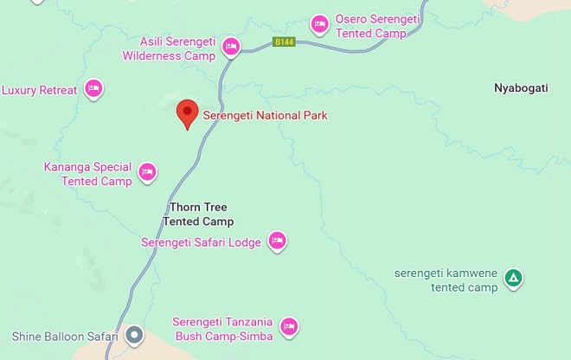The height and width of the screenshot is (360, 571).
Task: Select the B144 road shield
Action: [x=282, y=42]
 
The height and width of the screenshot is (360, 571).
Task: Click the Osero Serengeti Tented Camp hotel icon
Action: [x=319, y=22]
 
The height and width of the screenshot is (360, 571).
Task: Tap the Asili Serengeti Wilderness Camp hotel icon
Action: [x=230, y=47]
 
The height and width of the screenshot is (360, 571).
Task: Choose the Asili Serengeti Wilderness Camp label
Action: [x=177, y=48]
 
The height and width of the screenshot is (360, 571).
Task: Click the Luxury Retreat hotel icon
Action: [x=94, y=87]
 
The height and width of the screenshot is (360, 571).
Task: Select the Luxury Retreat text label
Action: [x=40, y=89]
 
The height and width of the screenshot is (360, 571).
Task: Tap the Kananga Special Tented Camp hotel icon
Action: [x=147, y=172]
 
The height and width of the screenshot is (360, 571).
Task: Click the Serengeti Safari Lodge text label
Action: [x=201, y=242]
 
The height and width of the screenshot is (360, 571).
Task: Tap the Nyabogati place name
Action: [x=522, y=88]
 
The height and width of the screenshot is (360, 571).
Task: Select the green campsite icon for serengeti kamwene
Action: [x=514, y=278]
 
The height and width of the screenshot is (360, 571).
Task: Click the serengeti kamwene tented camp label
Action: [x=446, y=280]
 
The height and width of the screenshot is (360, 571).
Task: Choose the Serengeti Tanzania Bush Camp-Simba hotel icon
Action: [x=289, y=327]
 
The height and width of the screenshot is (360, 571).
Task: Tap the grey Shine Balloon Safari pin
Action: [x=134, y=334]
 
